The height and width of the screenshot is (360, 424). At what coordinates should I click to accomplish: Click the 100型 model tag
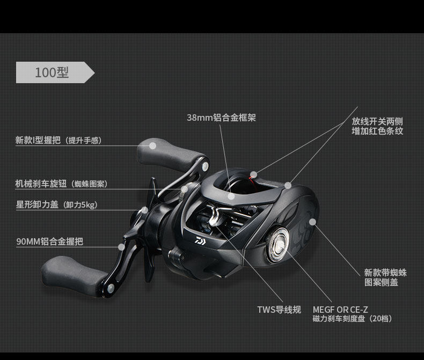click(x=52, y=72)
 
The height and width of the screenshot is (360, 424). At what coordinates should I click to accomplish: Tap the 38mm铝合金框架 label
click(x=221, y=117)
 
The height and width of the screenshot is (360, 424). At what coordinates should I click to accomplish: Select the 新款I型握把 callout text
click(x=58, y=141)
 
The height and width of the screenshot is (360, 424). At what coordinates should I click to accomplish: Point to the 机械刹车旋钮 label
click(x=61, y=184)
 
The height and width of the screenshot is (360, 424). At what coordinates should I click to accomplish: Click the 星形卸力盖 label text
click(x=56, y=204)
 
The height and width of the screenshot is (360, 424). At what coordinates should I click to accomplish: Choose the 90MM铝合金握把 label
click(x=49, y=242)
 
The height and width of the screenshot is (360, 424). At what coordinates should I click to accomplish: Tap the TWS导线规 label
click(x=279, y=310)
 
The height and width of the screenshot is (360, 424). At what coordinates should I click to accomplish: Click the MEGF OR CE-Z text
click(x=340, y=310)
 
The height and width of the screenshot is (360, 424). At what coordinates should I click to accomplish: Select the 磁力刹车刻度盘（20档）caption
click(x=352, y=319)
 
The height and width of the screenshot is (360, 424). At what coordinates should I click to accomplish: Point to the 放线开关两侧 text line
click(x=377, y=121)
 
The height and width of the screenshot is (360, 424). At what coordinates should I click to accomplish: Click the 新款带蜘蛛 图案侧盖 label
click(x=385, y=277)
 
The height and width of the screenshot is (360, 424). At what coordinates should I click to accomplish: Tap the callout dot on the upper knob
click(x=152, y=144)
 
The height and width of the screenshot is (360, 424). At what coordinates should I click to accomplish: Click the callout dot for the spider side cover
click(x=312, y=221)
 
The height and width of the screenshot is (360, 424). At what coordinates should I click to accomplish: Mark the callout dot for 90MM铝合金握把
click(x=122, y=246)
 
